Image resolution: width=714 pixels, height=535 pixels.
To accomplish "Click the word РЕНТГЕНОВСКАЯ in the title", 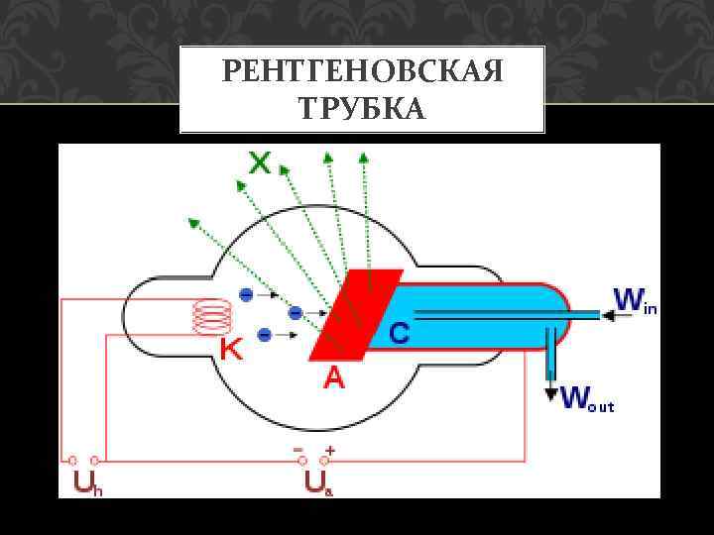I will click(362, 72).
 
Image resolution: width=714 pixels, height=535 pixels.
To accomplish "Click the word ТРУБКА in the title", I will click(362, 107).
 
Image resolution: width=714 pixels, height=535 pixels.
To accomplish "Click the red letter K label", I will click(230, 349).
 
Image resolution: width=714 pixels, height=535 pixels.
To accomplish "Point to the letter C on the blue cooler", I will click(397, 335).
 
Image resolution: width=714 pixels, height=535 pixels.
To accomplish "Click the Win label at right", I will click(635, 299).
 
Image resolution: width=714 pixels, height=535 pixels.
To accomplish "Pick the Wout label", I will click(588, 399).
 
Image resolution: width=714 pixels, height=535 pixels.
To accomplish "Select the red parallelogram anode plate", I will click(354, 314).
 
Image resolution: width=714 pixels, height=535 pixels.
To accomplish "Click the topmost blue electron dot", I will click(245, 293).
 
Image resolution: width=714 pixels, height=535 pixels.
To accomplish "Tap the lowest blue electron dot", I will click(265, 334).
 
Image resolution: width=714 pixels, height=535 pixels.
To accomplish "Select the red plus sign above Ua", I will click(329, 449).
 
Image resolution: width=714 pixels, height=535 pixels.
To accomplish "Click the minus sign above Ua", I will click(297, 449).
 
